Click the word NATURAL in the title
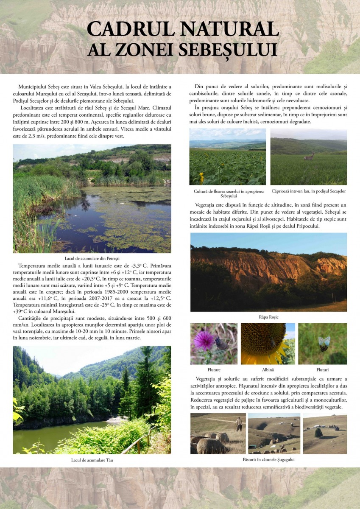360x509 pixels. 229,28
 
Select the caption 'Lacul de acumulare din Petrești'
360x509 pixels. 92,257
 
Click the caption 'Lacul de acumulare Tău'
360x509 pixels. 92,460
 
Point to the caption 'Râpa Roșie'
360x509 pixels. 268,317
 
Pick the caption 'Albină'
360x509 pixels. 268,369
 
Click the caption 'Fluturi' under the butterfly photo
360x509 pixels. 322,369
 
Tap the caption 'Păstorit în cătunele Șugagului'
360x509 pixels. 268,459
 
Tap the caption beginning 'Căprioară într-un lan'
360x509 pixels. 308,191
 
